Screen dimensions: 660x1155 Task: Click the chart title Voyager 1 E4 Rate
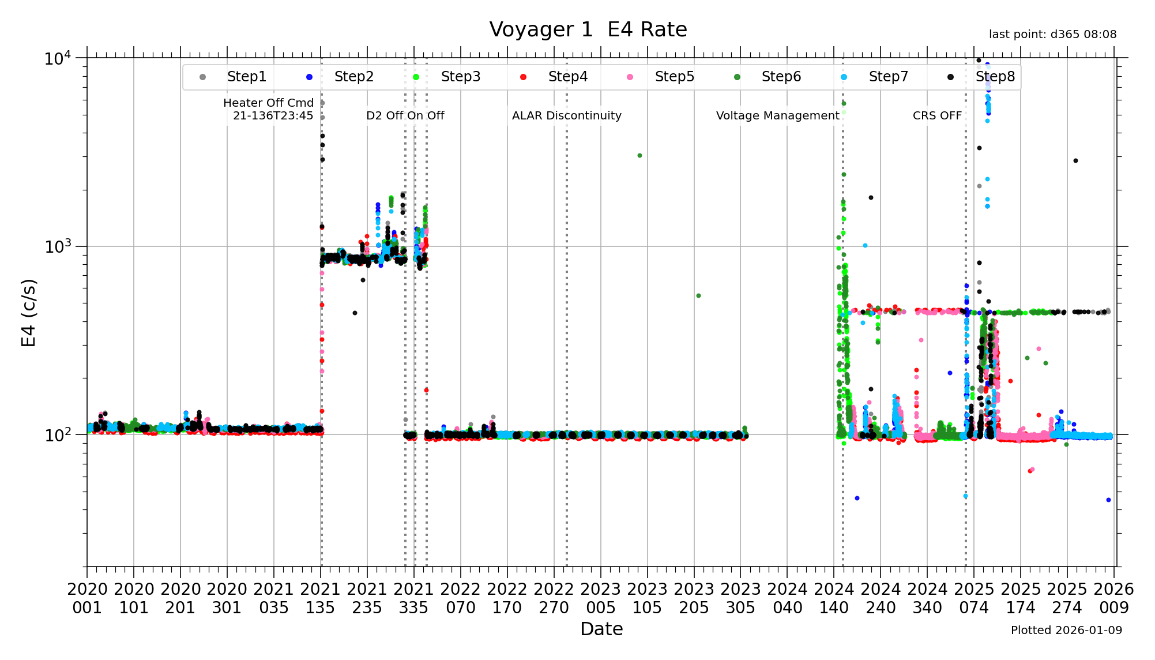[588, 29]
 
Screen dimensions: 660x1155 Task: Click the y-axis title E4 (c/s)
[28, 312]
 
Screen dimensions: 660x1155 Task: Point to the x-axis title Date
[601, 629]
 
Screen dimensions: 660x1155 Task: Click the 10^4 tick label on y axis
[58, 58]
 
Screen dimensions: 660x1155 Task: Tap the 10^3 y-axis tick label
[58, 246]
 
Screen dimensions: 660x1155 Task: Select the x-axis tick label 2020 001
[87, 598]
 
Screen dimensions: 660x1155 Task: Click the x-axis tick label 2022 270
[554, 598]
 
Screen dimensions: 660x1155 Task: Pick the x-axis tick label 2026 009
[1113, 598]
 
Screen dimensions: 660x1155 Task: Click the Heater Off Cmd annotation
[269, 109]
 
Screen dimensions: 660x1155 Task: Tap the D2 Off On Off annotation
[405, 115]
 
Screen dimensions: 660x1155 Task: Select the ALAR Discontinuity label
[566, 115]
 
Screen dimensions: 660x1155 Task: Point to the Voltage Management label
[777, 115]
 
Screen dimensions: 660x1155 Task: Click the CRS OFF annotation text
[937, 115]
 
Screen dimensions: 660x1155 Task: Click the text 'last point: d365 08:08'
[1052, 35]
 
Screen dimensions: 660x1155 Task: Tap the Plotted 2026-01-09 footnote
[1066, 630]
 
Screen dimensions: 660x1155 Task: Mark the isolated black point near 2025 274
[1075, 161]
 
